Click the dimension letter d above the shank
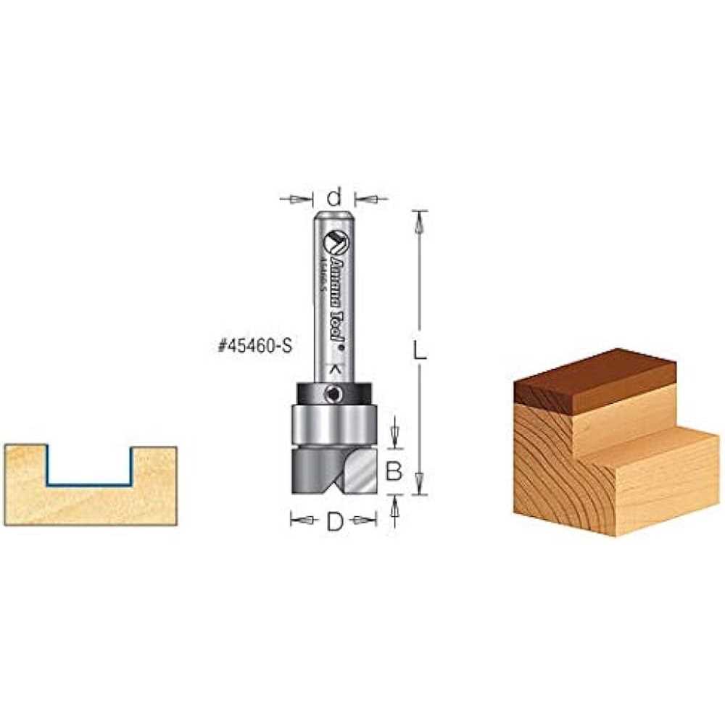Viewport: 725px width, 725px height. [333, 196]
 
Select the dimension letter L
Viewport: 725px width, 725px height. [418, 350]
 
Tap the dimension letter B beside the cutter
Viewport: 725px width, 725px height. [394, 472]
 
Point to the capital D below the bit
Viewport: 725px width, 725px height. [333, 521]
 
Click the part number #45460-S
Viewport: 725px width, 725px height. [254, 347]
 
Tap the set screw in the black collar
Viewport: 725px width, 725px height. [332, 394]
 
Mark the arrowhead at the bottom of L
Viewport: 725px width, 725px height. [418, 480]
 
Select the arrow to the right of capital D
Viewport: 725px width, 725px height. [360, 520]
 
